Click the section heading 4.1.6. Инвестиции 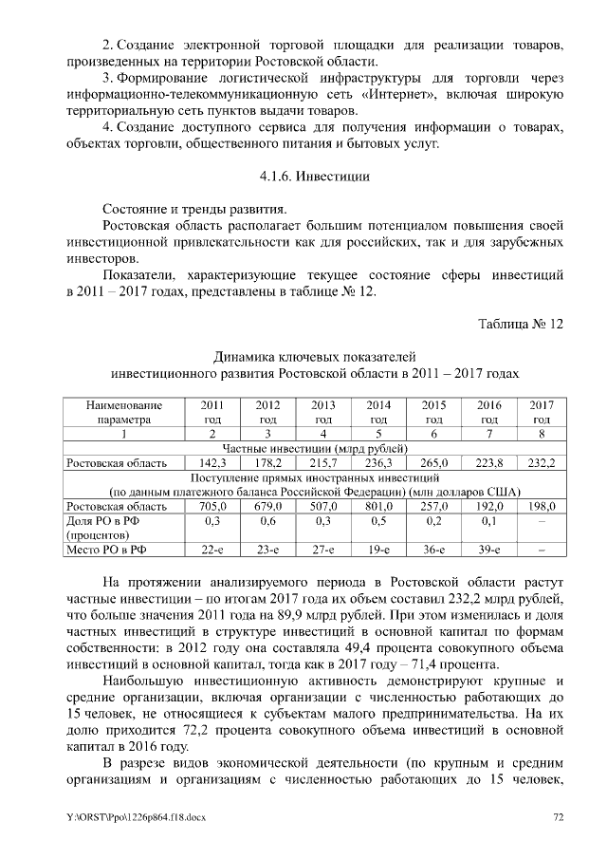(x=314, y=177)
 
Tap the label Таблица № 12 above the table (x=521, y=325)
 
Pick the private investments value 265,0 (x=433, y=463)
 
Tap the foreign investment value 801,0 (x=378, y=506)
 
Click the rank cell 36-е (x=433, y=550)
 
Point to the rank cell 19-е (x=378, y=550)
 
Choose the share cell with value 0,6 (x=267, y=521)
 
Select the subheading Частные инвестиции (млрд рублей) (x=314, y=448)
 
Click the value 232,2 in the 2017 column (x=542, y=463)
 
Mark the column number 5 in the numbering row (x=378, y=434)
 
